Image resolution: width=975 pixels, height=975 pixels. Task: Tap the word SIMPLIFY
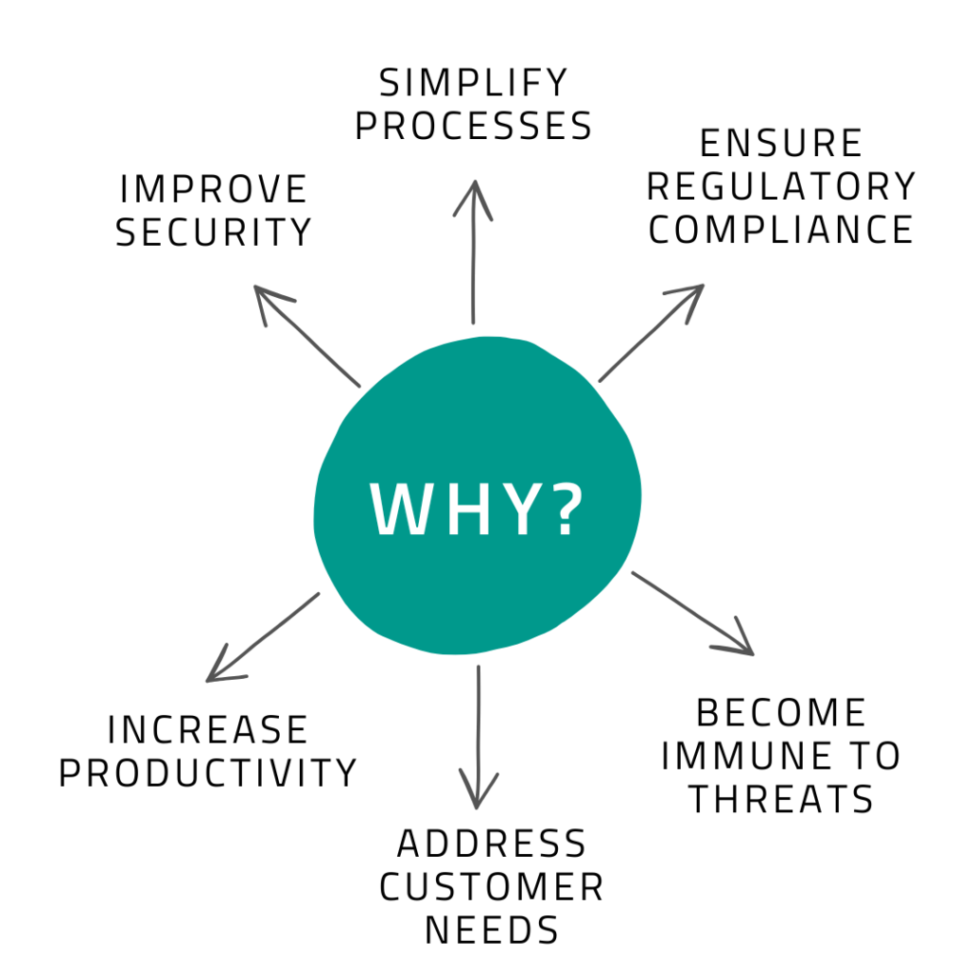(473, 84)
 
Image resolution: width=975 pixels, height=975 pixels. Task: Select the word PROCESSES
(473, 126)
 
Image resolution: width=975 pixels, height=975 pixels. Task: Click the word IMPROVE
(214, 189)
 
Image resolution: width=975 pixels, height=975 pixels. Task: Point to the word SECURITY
(214, 231)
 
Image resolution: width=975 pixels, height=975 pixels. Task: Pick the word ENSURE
(781, 144)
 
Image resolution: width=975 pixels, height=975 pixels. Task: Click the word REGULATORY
(781, 187)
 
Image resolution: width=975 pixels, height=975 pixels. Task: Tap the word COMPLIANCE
(781, 229)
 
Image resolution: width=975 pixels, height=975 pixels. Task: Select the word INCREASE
(208, 730)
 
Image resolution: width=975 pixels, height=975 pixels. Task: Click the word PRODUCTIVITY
(208, 772)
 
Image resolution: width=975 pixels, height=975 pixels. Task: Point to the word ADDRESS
(491, 844)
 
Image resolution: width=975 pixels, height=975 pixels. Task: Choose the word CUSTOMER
(491, 886)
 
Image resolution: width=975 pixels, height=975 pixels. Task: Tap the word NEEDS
(491, 929)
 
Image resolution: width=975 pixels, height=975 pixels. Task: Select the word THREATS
(781, 799)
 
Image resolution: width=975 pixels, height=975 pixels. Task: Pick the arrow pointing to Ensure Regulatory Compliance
(651, 332)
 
